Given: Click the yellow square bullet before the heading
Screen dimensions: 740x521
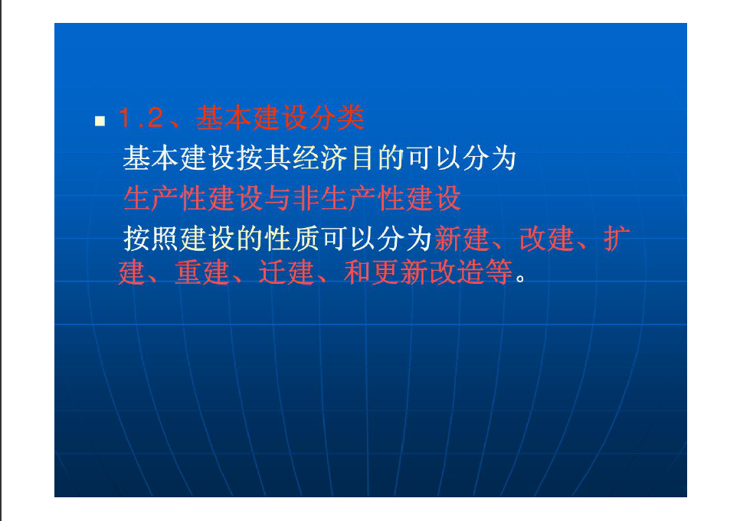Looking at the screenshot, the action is tap(100, 121).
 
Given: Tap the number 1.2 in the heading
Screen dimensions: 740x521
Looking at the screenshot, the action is tap(141, 118).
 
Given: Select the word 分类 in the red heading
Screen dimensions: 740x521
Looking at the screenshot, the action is tap(337, 118).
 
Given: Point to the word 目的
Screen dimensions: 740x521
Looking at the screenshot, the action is tap(377, 158).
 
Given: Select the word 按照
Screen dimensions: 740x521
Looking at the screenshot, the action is tap(151, 238).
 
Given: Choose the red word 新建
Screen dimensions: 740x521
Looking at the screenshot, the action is tap(462, 238).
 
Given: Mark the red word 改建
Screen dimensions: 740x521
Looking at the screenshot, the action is tap(546, 238).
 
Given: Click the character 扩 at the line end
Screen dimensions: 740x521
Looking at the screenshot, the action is tap(617, 238).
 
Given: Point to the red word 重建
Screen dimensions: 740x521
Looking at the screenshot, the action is tap(201, 272).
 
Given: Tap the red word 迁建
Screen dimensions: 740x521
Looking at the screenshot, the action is tap(286, 272).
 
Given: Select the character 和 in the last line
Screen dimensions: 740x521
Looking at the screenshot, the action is tap(357, 272).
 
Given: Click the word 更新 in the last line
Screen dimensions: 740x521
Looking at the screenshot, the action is tap(399, 272).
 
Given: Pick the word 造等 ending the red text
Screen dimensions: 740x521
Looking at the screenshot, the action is tap(484, 272).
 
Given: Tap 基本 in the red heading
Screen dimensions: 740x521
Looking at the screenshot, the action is tap(224, 118).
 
